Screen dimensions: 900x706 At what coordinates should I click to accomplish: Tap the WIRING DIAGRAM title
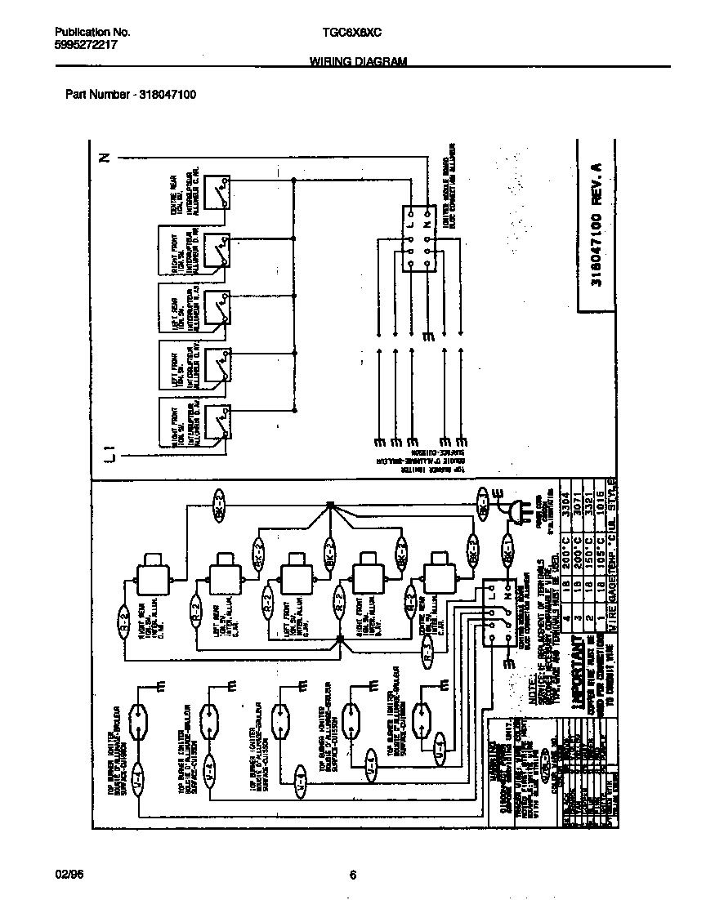[357, 62]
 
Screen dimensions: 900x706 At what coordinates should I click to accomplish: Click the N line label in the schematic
[104, 158]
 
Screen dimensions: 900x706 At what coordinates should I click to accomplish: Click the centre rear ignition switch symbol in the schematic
[217, 190]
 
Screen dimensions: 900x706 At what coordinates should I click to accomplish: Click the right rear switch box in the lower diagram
[150, 577]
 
